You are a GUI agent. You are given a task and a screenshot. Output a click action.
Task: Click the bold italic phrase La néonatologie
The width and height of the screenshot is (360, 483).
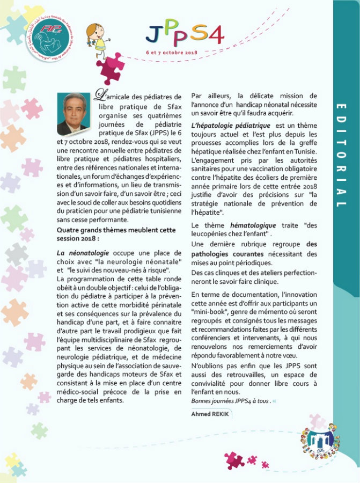(83, 252)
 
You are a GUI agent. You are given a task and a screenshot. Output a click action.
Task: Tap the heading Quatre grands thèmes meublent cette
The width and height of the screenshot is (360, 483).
(116, 230)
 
